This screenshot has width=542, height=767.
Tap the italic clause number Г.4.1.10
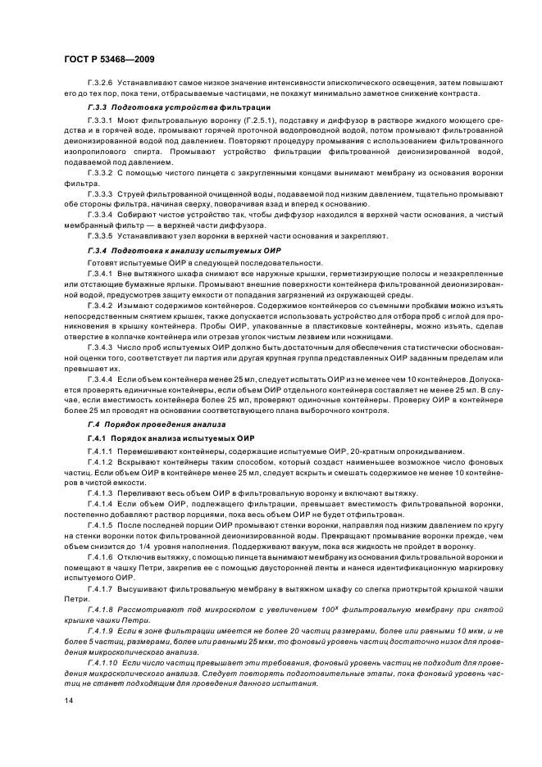[x=102, y=659]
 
